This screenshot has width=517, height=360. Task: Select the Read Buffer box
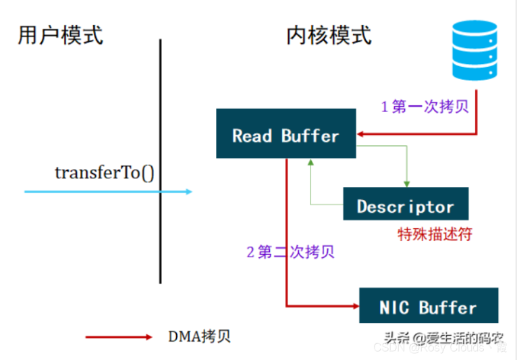tap(285, 135)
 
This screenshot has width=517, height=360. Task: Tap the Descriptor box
tap(405, 205)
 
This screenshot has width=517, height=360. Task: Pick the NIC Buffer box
tap(429, 307)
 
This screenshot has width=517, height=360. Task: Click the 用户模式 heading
tap(60, 34)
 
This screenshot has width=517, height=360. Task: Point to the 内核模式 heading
tap(329, 34)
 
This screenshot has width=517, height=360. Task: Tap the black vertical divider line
tap(161, 162)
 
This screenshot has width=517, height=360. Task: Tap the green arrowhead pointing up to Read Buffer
tap(310, 163)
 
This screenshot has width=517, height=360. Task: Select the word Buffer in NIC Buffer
tap(448, 308)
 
